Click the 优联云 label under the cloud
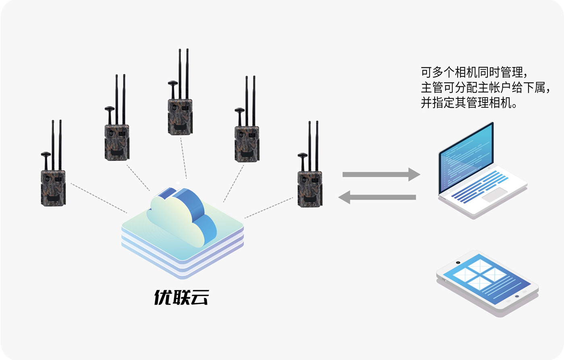coord(181,298)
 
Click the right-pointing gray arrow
coord(381,174)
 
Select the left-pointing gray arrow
coord(377,197)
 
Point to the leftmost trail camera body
coord(53,188)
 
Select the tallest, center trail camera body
coord(180,117)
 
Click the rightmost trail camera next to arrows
coord(309,189)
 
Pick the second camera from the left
coord(117,142)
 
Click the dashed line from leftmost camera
coord(99,198)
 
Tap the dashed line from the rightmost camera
coord(269,208)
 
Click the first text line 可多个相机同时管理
coord(474,73)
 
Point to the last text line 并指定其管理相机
coord(469,102)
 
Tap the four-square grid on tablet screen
coord(479,274)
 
